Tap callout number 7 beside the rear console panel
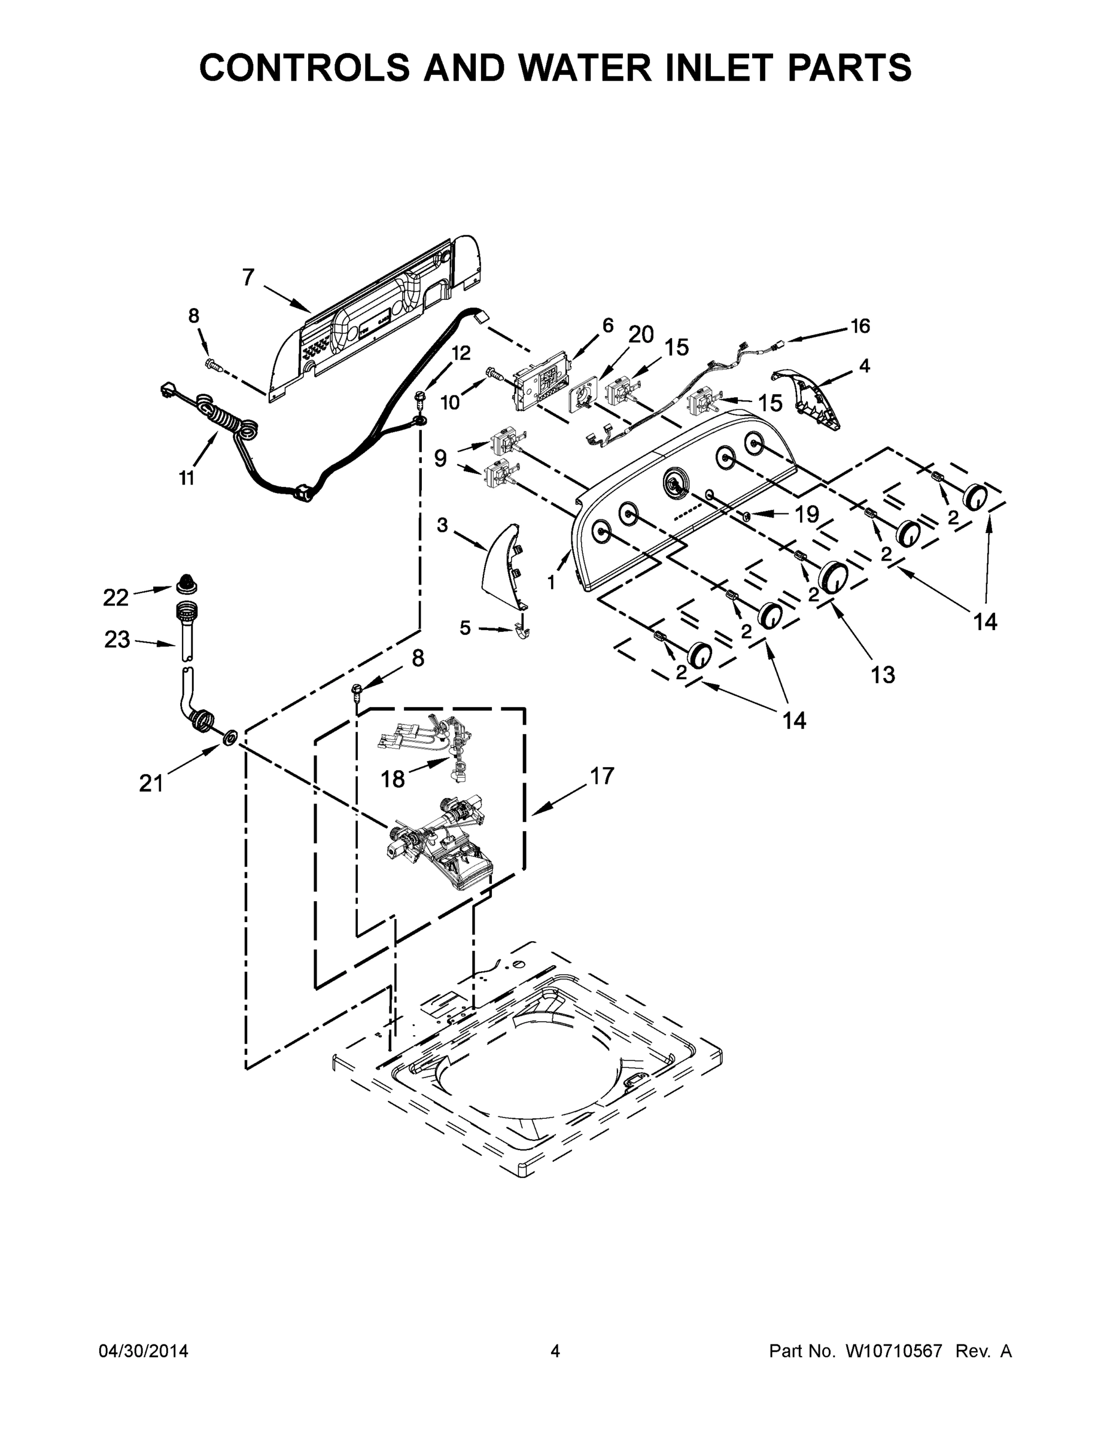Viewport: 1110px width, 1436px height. tap(248, 278)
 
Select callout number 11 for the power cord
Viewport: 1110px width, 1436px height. tap(187, 478)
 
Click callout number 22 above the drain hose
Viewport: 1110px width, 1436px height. tap(115, 597)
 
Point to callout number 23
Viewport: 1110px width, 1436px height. tap(117, 639)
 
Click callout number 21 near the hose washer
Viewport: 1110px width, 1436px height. tap(151, 783)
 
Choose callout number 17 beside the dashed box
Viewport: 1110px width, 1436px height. tap(602, 776)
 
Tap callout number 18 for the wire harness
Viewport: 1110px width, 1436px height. tap(393, 779)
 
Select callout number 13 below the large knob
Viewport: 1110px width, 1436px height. tap(883, 674)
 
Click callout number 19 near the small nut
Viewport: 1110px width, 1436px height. tap(807, 514)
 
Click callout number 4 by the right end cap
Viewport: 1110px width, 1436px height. tap(865, 366)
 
